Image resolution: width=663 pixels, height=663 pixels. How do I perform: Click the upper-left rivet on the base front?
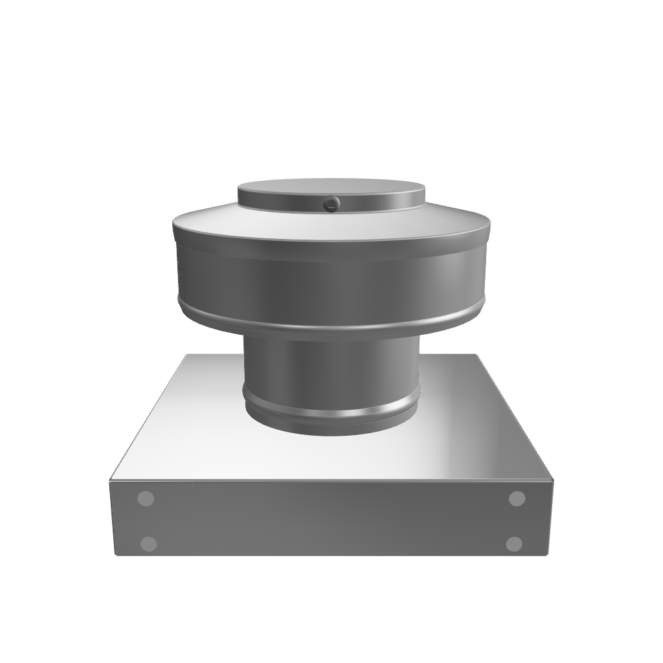tap(146, 499)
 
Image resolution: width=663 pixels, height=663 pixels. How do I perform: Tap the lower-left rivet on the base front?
tap(149, 543)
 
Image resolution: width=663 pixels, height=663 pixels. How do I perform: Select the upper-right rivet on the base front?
tap(517, 499)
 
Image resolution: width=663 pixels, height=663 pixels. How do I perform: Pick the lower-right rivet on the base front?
tap(514, 543)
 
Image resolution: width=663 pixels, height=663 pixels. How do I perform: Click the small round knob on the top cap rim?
tap(331, 204)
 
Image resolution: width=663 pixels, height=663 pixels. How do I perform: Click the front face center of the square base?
tap(331, 518)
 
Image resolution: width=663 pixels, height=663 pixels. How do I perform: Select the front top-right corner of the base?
tap(553, 481)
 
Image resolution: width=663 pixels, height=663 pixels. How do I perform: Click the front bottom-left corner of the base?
tap(115, 555)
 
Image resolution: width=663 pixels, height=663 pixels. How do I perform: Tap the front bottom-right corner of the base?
tap(548, 555)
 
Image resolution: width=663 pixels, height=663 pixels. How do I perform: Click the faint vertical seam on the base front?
tap(194, 518)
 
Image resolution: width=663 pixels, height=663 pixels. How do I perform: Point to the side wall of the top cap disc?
tap(388, 203)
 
